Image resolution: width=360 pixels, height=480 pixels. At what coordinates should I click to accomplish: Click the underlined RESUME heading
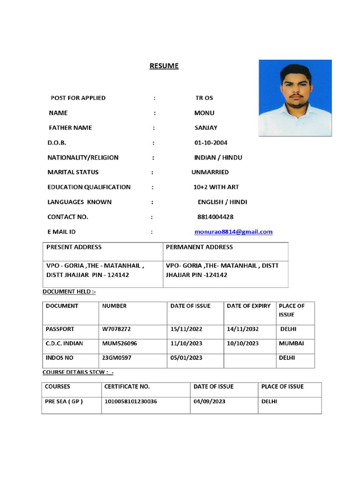[164, 66]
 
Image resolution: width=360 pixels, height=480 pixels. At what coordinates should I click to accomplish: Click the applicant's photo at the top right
[295, 97]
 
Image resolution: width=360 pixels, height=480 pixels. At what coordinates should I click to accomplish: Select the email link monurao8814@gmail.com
[233, 232]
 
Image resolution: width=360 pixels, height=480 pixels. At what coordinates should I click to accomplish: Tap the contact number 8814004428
[215, 217]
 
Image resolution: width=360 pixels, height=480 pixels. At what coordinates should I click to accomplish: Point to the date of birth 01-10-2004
[211, 142]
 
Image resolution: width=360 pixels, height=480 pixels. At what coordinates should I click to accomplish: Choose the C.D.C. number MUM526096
[120, 343]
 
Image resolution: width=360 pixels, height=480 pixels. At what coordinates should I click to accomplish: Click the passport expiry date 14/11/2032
[242, 329]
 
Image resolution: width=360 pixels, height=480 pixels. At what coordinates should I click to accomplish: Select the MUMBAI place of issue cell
[291, 343]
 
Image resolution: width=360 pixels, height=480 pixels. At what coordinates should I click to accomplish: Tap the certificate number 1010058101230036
[131, 402]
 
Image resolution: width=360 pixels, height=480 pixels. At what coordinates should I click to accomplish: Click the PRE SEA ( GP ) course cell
[64, 402]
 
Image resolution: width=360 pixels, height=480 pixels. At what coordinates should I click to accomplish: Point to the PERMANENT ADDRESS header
[199, 247]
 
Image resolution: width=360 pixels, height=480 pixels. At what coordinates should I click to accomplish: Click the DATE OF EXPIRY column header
[248, 306]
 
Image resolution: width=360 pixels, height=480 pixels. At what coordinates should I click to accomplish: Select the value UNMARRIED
[210, 172]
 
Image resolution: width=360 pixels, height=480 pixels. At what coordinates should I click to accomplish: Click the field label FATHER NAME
[70, 127]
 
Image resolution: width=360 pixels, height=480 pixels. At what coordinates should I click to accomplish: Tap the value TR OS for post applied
[204, 98]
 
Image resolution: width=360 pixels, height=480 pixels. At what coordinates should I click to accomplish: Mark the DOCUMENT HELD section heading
[69, 292]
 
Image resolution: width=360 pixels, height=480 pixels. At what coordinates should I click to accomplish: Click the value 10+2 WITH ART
[216, 187]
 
